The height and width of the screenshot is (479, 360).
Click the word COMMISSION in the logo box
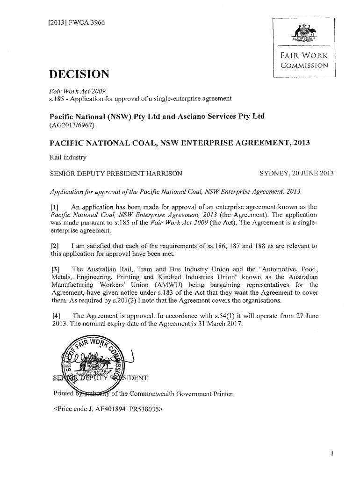(x=303, y=65)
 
